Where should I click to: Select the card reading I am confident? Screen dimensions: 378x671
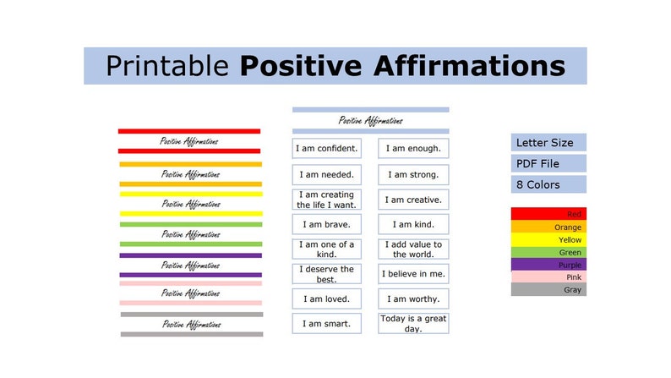pos(326,149)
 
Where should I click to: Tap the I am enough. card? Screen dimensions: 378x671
pos(413,149)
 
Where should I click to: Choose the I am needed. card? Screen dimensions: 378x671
pos(326,175)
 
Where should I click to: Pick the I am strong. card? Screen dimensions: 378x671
pos(413,175)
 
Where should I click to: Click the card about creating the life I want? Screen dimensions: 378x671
pos(326,200)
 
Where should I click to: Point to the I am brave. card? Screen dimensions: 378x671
pos(326,225)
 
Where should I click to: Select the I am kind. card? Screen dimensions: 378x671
pos(413,225)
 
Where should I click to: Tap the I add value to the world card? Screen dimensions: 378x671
pos(413,249)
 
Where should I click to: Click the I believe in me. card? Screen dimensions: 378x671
pos(413,274)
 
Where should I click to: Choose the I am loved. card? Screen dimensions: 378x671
pos(326,299)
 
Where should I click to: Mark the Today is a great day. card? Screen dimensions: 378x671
pos(413,324)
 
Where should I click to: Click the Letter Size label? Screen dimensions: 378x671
pos(548,142)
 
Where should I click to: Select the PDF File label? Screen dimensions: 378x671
pos(548,163)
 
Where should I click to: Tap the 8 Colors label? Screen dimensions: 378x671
pos(548,184)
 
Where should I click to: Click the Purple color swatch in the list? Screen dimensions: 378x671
pos(548,265)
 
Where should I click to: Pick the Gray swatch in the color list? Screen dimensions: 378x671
pos(548,290)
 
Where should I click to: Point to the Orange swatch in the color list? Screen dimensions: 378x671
pos(548,227)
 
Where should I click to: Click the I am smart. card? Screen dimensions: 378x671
pos(326,324)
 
